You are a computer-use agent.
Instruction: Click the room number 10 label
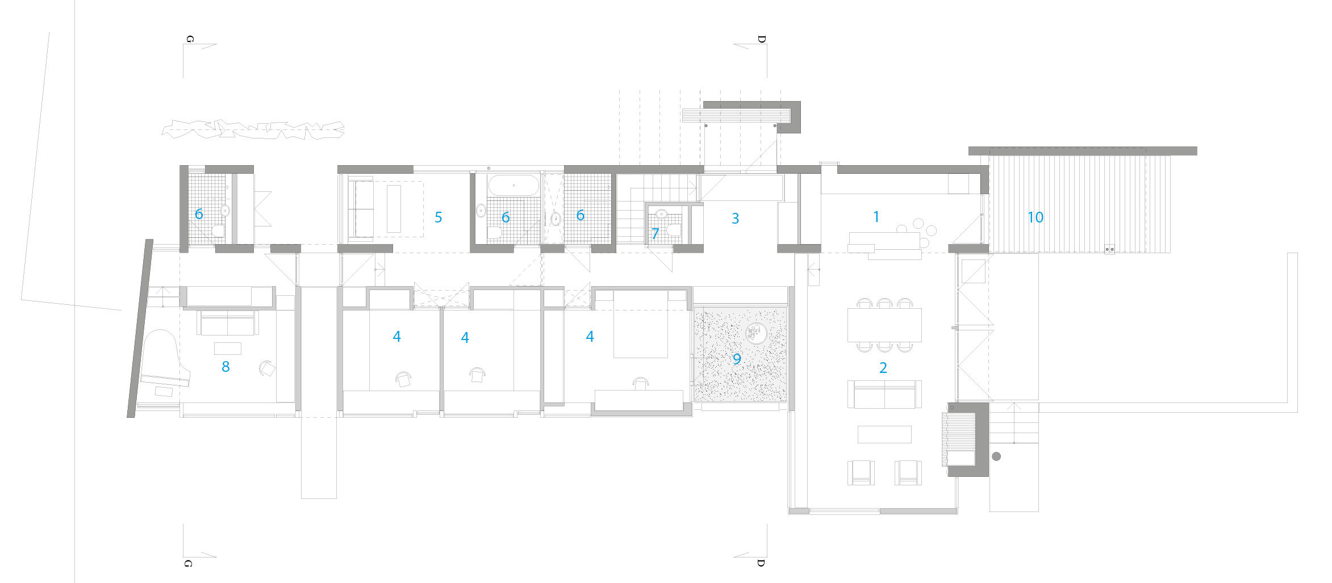point(1035,217)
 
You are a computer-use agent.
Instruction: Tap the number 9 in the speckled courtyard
point(737,359)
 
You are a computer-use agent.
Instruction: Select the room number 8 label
point(226,367)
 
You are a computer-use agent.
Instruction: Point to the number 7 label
point(655,233)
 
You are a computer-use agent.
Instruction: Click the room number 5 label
point(438,217)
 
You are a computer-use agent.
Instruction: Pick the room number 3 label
point(735,219)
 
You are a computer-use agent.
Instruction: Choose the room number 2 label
point(883,368)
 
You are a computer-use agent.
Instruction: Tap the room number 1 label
point(876,216)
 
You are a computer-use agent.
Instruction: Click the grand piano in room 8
point(162,360)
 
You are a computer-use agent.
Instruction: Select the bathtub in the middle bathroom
point(513,186)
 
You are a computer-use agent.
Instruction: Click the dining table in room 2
point(884,325)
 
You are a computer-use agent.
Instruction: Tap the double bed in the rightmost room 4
point(641,324)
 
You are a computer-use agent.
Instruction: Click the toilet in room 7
point(675,230)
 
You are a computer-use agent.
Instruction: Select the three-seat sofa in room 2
point(884,395)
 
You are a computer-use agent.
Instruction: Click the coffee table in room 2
point(884,434)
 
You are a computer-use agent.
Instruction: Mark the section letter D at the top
point(761,39)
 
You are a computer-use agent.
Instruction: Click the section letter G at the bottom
point(189,563)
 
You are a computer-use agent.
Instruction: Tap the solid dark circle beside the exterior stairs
point(996,456)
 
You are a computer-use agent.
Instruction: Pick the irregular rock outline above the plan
point(253,130)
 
